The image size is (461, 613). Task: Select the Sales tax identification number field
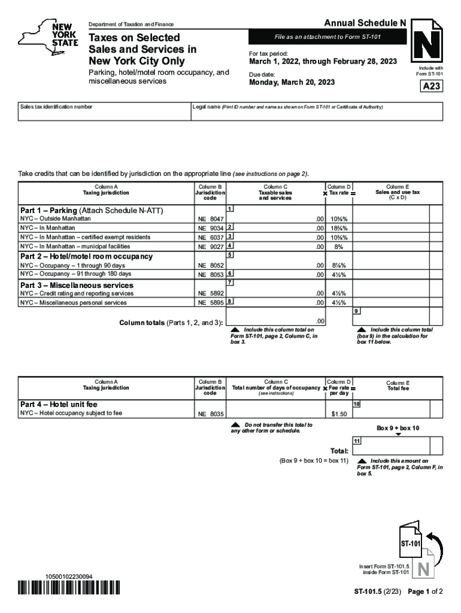(102, 114)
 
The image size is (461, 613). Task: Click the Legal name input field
(317, 114)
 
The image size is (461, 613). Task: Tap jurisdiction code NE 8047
(211, 220)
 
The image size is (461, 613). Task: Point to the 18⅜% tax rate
(339, 229)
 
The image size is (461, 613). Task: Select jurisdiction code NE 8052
(211, 266)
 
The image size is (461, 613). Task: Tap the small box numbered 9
(357, 311)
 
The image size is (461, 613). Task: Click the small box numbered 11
(357, 441)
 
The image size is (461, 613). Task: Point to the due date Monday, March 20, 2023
(292, 83)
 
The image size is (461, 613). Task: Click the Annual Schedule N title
(365, 23)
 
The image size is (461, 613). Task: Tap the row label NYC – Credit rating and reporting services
(77, 294)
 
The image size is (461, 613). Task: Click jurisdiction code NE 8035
(211, 414)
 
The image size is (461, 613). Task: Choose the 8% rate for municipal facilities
(339, 247)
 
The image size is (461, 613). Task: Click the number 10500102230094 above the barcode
(69, 576)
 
